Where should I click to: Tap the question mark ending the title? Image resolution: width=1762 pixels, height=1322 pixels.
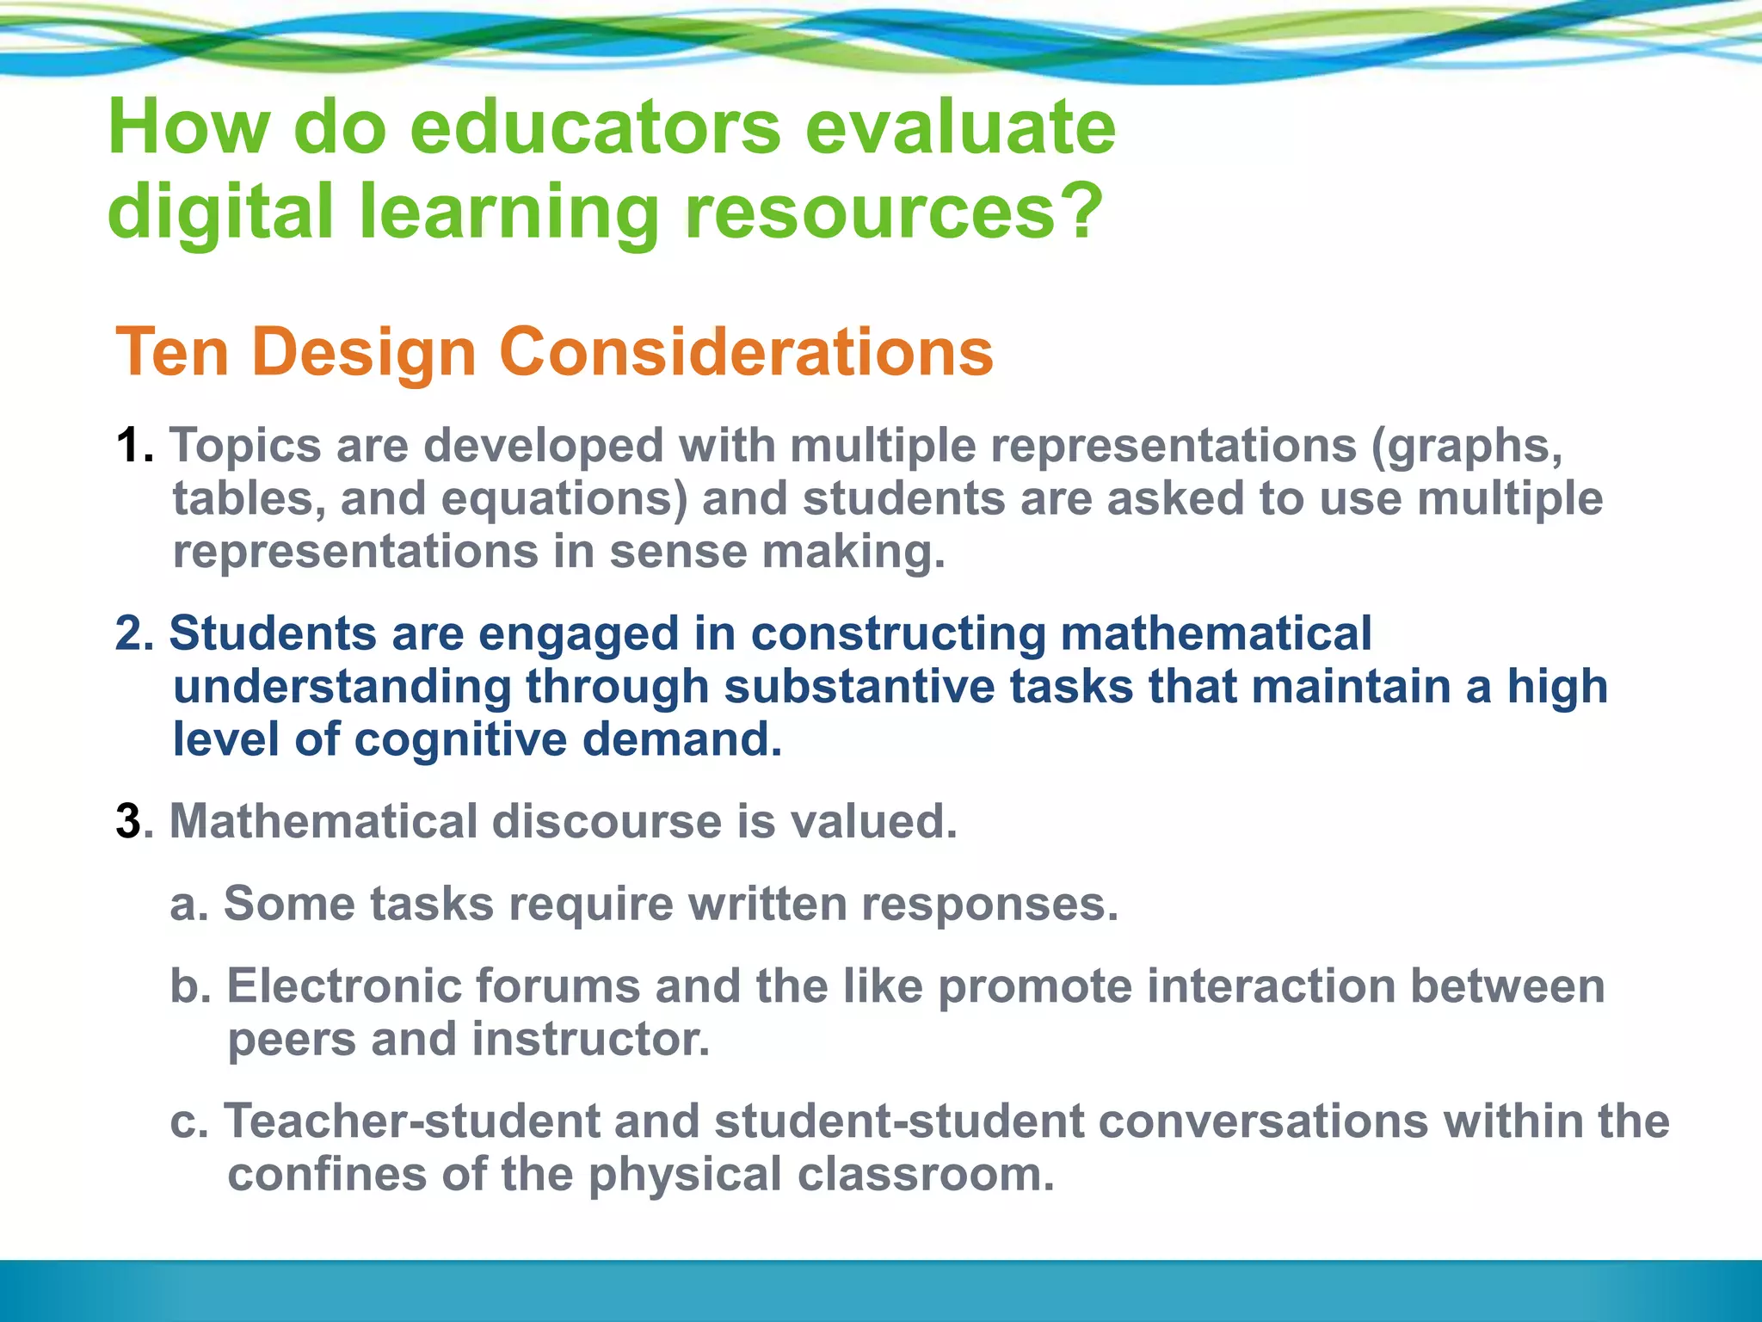click(x=1081, y=210)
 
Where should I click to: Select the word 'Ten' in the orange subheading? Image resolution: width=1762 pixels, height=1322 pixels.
click(x=172, y=352)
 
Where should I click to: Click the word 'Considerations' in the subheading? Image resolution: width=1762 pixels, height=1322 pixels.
click(x=746, y=352)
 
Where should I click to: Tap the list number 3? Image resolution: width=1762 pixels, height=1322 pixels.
click(x=129, y=822)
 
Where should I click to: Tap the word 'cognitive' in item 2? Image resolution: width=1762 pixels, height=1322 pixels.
click(x=460, y=740)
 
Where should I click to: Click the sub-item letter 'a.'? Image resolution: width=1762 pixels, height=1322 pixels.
click(x=189, y=904)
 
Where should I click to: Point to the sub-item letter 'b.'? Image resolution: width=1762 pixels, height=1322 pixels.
click(x=191, y=986)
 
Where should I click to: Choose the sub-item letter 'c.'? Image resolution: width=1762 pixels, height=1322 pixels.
click(x=189, y=1121)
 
